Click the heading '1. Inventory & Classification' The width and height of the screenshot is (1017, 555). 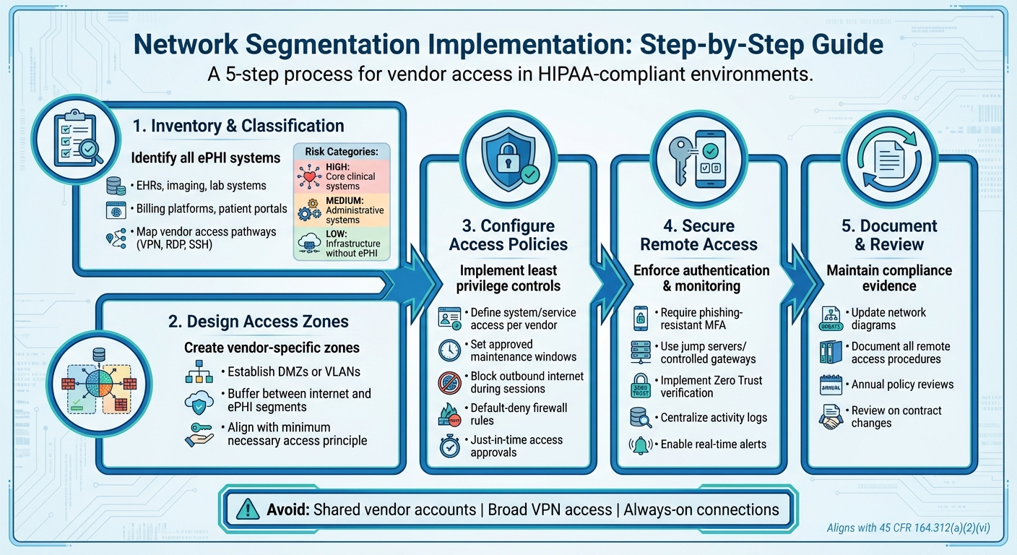click(238, 126)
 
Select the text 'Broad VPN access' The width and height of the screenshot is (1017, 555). click(550, 509)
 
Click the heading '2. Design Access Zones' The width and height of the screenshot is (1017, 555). click(258, 322)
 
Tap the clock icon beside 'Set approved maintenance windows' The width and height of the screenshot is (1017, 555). click(450, 350)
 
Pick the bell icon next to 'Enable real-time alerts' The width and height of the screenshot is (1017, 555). click(640, 445)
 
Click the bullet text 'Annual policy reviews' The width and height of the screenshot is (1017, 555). click(902, 384)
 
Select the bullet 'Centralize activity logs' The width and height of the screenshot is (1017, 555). click(714, 418)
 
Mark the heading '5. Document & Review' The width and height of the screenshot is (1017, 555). click(889, 235)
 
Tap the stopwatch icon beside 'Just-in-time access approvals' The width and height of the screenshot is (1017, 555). click(450, 446)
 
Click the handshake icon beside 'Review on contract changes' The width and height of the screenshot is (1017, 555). click(832, 417)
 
